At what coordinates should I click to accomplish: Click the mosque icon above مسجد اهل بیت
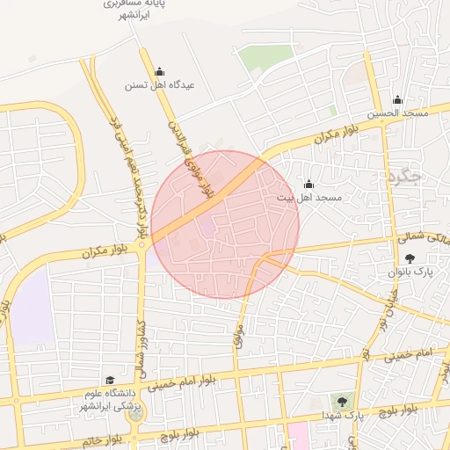pyautogui.click(x=308, y=185)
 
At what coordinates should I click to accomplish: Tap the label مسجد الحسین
pyautogui.click(x=397, y=113)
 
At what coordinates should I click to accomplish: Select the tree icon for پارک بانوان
pyautogui.click(x=410, y=258)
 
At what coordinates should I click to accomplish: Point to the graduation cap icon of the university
pyautogui.click(x=110, y=380)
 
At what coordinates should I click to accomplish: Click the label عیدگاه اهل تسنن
pyautogui.click(x=158, y=86)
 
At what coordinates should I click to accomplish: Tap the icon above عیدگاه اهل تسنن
pyautogui.click(x=159, y=72)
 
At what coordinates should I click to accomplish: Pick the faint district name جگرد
pyautogui.click(x=404, y=176)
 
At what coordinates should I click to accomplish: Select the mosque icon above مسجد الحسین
pyautogui.click(x=397, y=99)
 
